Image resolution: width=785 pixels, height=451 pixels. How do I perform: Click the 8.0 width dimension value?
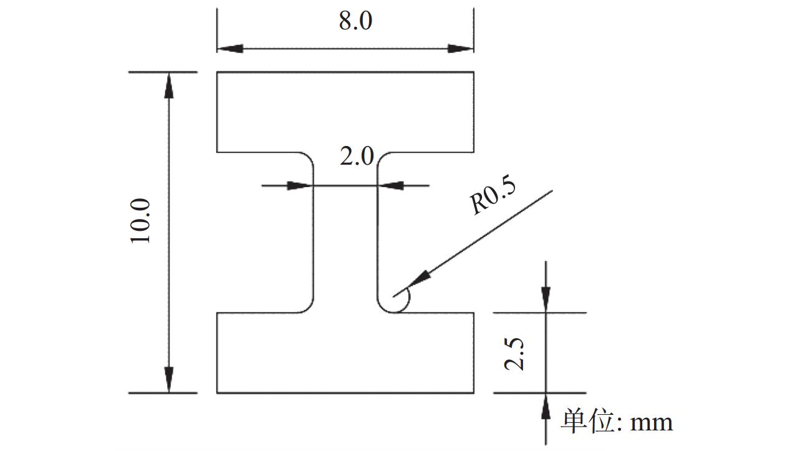(x=355, y=21)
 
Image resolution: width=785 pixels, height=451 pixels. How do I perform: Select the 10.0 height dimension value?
(x=140, y=221)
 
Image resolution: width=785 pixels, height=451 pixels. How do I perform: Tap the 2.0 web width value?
(x=357, y=156)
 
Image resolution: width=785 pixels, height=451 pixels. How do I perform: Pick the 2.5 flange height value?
(x=514, y=354)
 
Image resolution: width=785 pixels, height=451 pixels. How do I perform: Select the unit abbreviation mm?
(x=652, y=424)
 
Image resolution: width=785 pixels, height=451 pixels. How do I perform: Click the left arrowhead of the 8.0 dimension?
(x=230, y=49)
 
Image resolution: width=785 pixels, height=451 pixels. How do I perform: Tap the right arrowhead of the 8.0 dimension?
(x=461, y=49)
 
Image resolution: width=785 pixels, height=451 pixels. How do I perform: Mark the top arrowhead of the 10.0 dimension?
(x=169, y=85)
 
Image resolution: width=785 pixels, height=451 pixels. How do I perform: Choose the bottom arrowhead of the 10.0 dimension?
(x=169, y=380)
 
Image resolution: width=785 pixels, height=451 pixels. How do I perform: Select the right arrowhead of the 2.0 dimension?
(x=390, y=185)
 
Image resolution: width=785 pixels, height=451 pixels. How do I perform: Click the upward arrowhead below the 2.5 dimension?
(x=546, y=406)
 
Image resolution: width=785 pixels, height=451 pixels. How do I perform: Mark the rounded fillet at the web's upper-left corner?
(x=309, y=157)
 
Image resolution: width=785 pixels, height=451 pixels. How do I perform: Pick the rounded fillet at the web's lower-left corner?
(x=309, y=308)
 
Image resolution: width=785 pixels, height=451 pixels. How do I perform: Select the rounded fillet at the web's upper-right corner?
(x=382, y=157)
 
